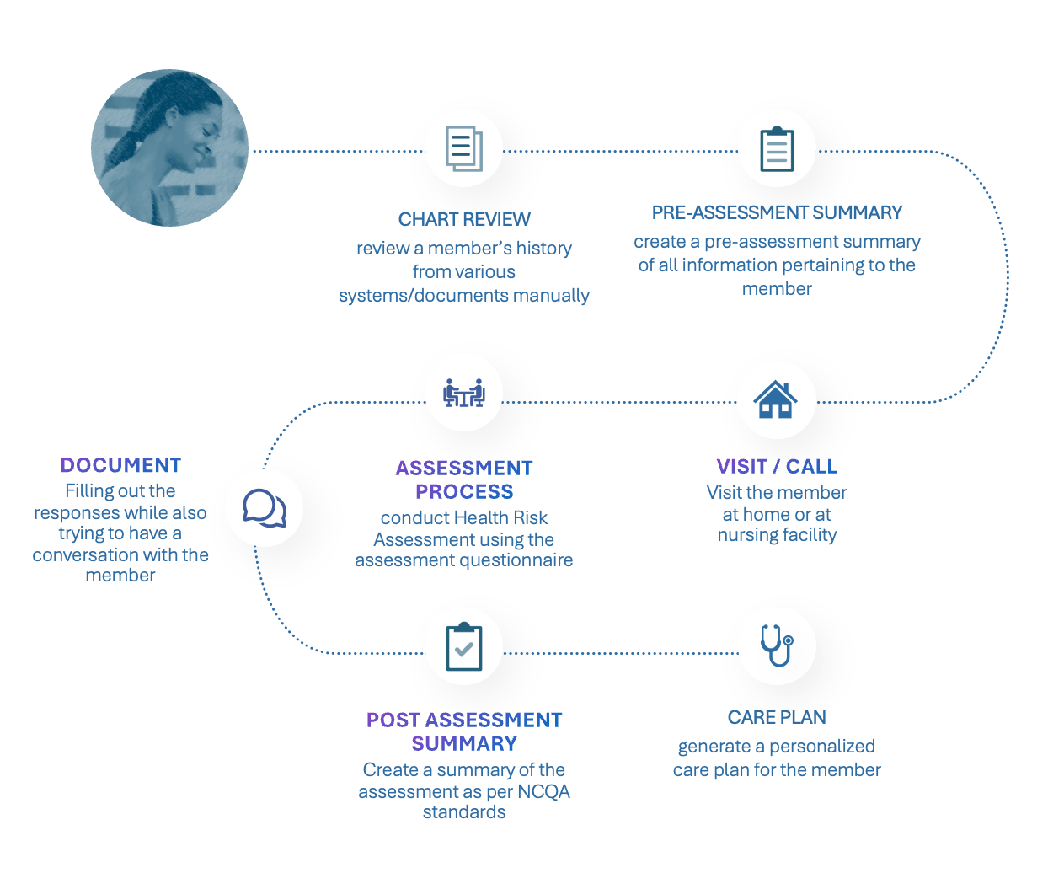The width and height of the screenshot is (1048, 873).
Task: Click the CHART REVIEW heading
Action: pyautogui.click(x=464, y=219)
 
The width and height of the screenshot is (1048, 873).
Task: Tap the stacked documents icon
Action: pyautogui.click(x=464, y=148)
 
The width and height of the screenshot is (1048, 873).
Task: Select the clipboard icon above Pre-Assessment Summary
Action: pyautogui.click(x=777, y=148)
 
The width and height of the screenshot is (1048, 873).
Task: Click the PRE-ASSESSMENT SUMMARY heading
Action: pyautogui.click(x=777, y=213)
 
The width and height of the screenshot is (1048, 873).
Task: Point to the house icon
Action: pyautogui.click(x=775, y=399)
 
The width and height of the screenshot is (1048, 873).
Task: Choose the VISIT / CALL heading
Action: pyautogui.click(x=777, y=466)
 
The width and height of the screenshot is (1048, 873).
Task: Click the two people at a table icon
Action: pyautogui.click(x=464, y=393)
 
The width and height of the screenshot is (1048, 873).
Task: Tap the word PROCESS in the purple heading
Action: pyautogui.click(x=464, y=491)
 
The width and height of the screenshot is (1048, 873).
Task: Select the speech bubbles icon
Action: pyautogui.click(x=265, y=508)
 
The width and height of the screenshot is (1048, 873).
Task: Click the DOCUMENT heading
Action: pyautogui.click(x=120, y=465)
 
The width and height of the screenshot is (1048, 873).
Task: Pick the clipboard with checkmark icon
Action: pyautogui.click(x=464, y=646)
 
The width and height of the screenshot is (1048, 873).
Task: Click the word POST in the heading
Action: pyautogui.click(x=393, y=720)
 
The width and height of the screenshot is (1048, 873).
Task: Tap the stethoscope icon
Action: pyautogui.click(x=777, y=645)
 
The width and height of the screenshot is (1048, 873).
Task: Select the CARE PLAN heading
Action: pyautogui.click(x=777, y=717)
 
